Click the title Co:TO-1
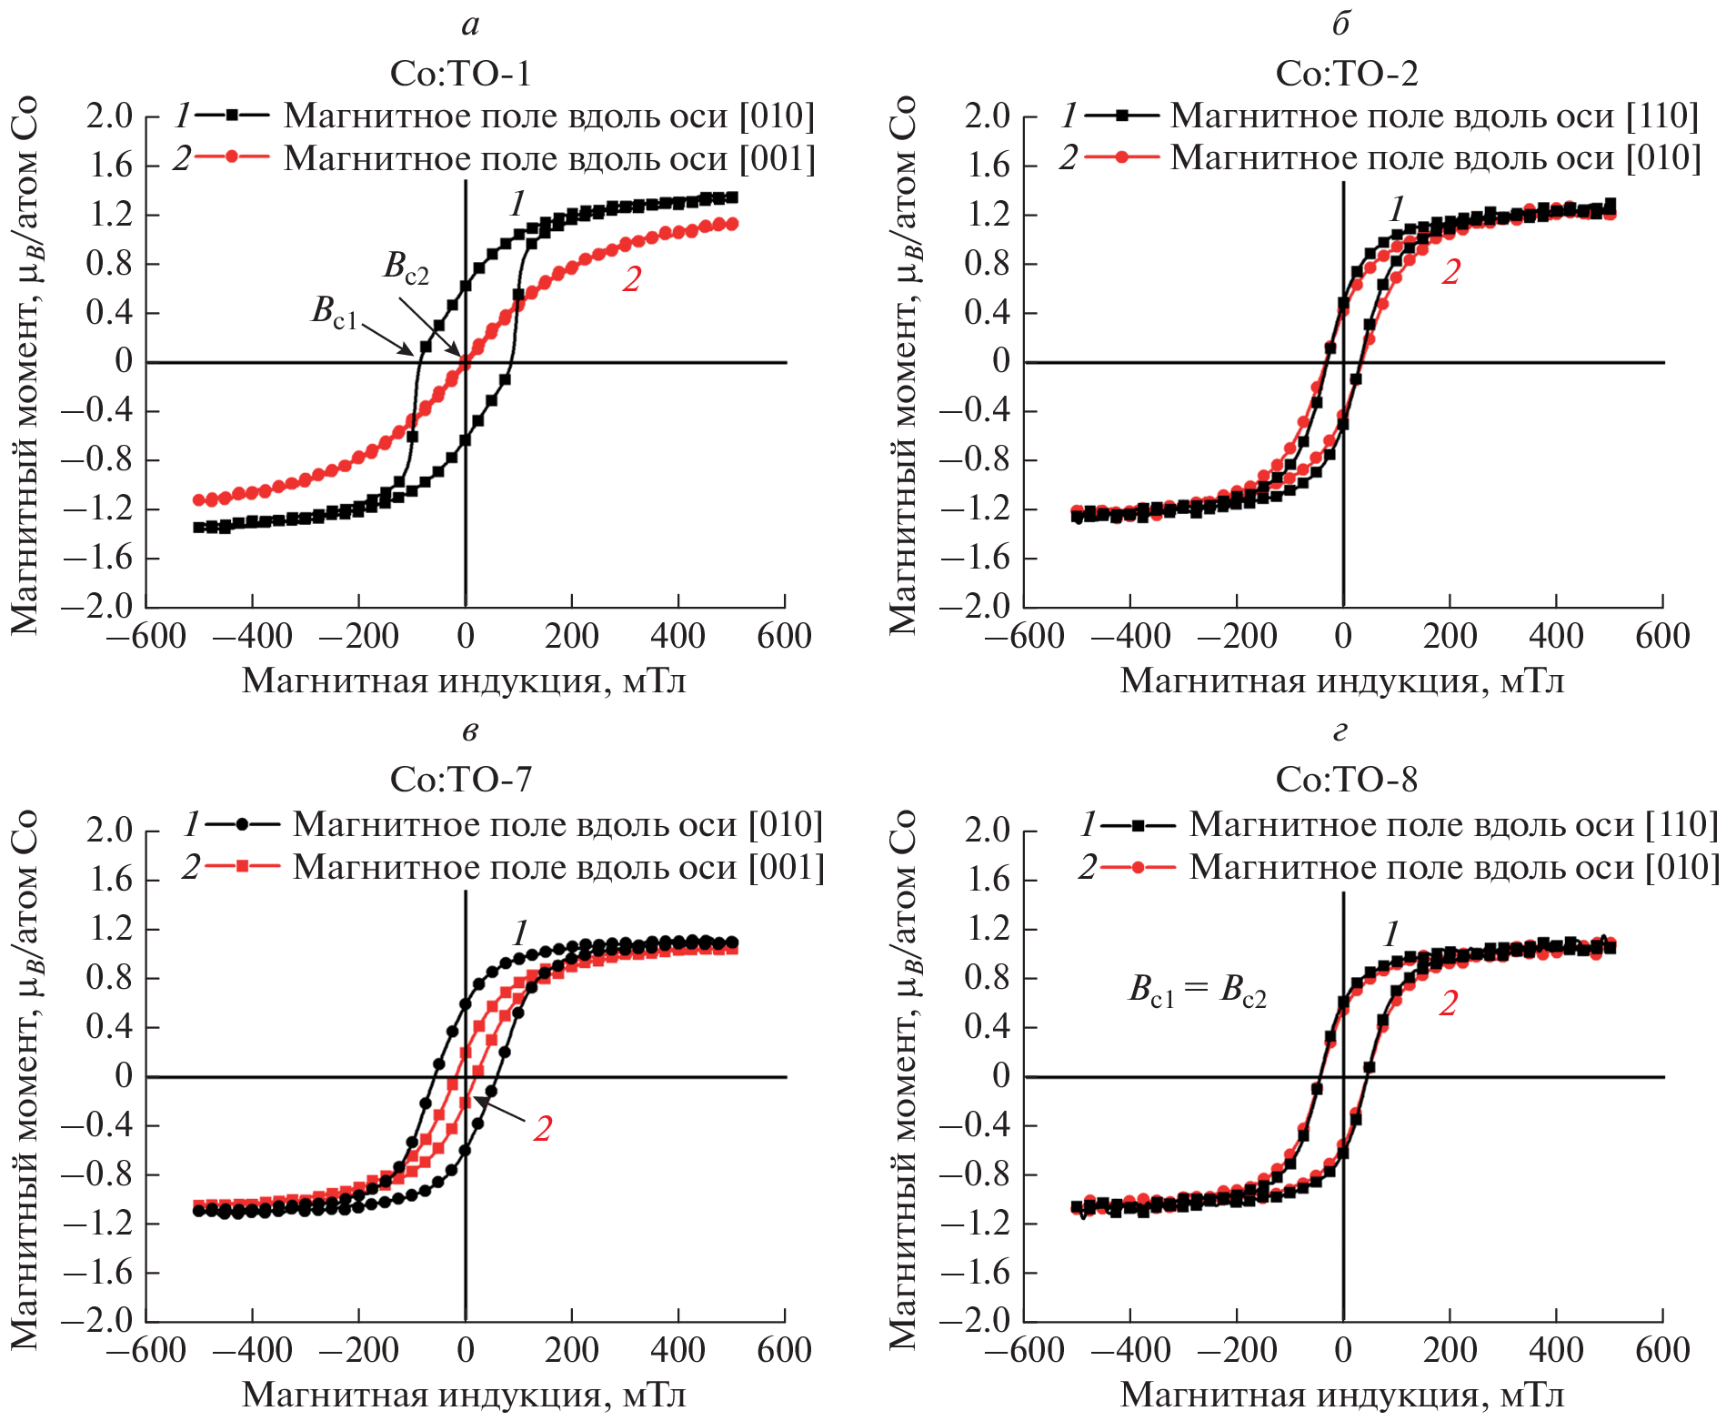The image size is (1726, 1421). pos(460,74)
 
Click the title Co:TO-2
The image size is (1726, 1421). pos(1346,74)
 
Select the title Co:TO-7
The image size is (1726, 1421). pos(460,780)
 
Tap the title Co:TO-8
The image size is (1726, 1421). pos(1346,780)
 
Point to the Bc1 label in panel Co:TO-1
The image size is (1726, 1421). pos(334,311)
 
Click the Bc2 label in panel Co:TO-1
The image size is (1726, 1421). pos(406,267)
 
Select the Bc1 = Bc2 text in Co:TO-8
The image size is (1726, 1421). pos(1197,990)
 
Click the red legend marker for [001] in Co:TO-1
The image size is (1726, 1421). pos(232,156)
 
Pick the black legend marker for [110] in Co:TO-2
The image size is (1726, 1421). pos(1122,116)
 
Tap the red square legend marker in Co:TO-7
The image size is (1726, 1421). pos(242,866)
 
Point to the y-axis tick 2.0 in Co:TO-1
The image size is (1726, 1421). pos(109,116)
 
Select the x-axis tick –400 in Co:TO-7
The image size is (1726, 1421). pos(252,1350)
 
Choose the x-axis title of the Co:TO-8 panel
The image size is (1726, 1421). pos(1342,1395)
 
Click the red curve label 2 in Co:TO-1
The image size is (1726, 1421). pos(631,280)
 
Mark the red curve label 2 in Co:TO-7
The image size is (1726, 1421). pos(542,1129)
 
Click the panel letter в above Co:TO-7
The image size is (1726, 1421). pos(469,731)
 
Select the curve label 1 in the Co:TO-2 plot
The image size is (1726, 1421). pos(1397,209)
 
